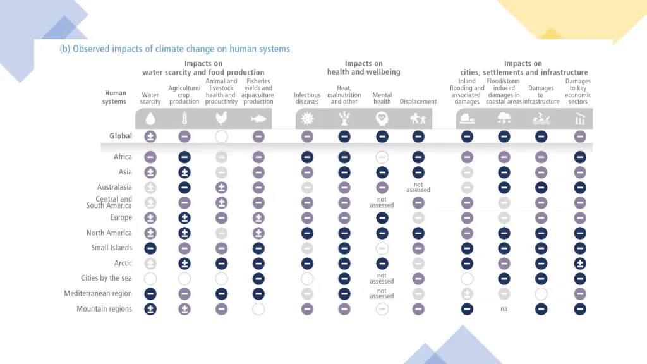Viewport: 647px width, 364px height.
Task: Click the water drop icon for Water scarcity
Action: [150, 118]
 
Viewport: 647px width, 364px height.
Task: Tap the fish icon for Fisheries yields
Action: [258, 118]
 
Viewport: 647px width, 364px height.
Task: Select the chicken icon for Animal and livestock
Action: [221, 118]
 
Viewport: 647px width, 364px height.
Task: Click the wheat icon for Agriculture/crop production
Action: [184, 118]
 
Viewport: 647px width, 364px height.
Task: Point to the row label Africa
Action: [123, 157]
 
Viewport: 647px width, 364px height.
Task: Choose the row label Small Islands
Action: [111, 248]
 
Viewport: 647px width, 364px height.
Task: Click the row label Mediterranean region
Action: [98, 293]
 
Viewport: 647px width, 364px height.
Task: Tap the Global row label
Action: [121, 136]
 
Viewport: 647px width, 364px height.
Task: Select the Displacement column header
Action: [418, 102]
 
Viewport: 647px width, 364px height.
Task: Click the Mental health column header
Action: [382, 98]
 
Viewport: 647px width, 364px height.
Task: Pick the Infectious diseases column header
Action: [307, 98]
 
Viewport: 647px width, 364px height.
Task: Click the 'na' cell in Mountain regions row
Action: [504, 309]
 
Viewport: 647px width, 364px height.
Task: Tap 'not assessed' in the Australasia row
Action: [418, 188]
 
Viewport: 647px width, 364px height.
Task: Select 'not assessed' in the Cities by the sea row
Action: [382, 279]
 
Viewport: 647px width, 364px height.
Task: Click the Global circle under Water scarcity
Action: [150, 136]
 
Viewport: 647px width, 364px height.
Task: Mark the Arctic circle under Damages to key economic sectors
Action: [580, 264]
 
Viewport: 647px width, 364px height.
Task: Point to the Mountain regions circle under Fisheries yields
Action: [258, 309]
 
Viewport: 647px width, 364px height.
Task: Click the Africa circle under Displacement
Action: [418, 157]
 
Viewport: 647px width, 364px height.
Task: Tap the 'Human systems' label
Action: [116, 97]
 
